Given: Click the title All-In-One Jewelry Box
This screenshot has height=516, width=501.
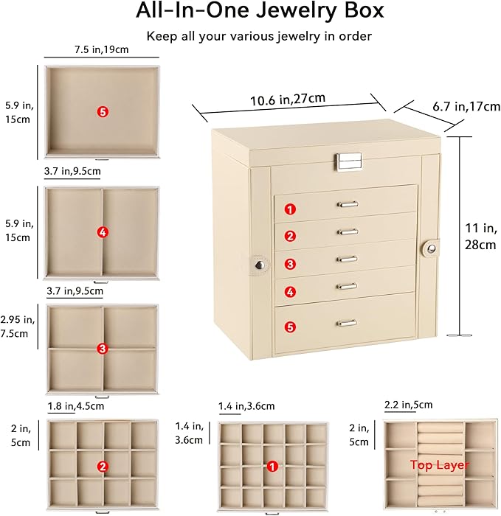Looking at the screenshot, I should click(x=250, y=12).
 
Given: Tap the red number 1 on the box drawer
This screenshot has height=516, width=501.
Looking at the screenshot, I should click(x=291, y=209).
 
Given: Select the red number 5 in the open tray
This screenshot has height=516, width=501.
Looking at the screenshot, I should click(x=103, y=111).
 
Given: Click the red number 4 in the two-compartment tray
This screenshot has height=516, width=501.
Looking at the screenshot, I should click(x=103, y=232).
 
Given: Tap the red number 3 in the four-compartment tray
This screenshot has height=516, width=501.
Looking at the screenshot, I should click(x=103, y=348).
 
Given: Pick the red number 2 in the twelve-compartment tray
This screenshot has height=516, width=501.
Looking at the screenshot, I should click(x=103, y=466).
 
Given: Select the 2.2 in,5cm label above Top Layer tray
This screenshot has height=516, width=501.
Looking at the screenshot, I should click(x=409, y=405).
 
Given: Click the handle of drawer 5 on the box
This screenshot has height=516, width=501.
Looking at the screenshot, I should click(x=346, y=323).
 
